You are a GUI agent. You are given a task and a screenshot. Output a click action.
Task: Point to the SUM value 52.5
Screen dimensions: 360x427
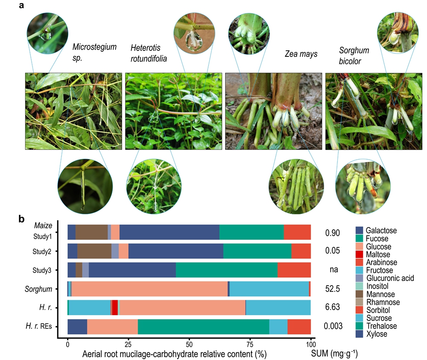(x=332, y=289)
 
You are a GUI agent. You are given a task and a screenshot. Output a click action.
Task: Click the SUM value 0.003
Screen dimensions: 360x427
(x=332, y=326)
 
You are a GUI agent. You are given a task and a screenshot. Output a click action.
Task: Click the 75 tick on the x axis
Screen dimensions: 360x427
(x=250, y=344)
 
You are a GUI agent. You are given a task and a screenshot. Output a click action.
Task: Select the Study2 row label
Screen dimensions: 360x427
(x=43, y=251)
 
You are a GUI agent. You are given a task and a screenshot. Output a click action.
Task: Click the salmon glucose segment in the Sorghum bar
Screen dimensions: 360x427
(x=149, y=289)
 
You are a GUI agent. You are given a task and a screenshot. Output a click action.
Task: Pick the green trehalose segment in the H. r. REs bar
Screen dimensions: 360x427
(x=203, y=326)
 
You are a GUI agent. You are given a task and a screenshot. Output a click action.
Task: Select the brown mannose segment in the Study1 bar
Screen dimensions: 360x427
(x=91, y=232)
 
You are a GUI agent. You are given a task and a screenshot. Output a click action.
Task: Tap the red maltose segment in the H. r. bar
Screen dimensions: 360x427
(x=115, y=307)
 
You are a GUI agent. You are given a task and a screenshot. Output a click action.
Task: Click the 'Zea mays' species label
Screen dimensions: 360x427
(x=301, y=54)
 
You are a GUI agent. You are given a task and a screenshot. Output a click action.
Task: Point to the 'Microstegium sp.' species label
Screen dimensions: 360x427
(x=94, y=51)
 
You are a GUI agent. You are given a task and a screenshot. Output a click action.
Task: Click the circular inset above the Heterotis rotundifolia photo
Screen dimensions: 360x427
(x=191, y=32)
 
